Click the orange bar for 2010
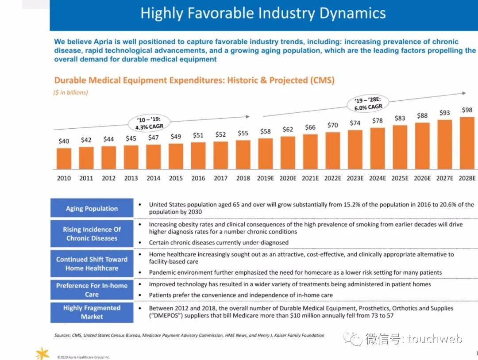click(64, 158)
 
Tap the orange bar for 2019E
click(266, 153)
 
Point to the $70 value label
click(333, 125)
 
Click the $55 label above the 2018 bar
click(243, 133)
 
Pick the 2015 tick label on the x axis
click(176, 178)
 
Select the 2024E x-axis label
click(378, 178)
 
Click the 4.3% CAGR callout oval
click(150, 123)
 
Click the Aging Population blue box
click(92, 208)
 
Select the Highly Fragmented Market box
click(92, 312)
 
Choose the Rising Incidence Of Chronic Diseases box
click(92, 234)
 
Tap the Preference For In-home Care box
click(92, 290)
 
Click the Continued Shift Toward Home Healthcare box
click(92, 264)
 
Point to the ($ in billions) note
click(71, 92)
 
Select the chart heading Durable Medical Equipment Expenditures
click(194, 80)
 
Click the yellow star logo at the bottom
click(42, 353)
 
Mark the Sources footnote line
click(189, 336)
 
